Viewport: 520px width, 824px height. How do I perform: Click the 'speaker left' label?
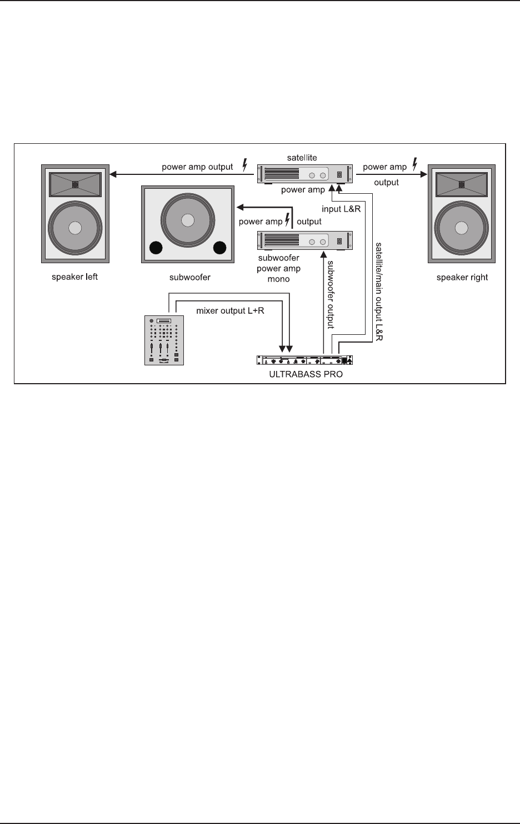pos(74,277)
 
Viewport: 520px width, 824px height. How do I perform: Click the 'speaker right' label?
pos(462,277)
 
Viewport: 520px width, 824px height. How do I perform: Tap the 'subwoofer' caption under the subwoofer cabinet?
pos(189,277)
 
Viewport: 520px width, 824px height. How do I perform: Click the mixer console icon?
pos(163,340)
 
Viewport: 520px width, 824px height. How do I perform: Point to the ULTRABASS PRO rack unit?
pos(304,360)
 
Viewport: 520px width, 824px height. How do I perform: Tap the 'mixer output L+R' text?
pos(230,310)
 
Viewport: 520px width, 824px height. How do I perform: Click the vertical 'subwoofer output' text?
pos(331,294)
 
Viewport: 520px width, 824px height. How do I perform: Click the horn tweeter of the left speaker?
pos(75,183)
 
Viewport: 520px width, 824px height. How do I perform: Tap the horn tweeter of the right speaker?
pos(462,184)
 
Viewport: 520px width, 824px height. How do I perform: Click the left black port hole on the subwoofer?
pos(156,247)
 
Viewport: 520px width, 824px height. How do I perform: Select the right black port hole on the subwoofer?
pos(220,247)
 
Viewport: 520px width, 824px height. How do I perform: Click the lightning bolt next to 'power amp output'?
pos(243,165)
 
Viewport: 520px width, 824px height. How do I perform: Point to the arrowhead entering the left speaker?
pos(113,174)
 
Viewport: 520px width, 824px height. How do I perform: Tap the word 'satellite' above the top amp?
pos(302,158)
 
